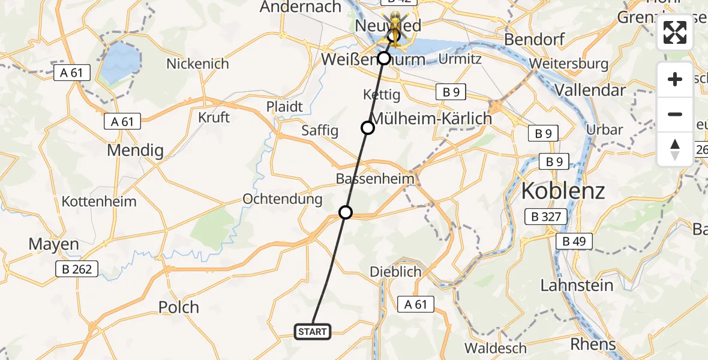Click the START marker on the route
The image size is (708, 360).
(x=312, y=331)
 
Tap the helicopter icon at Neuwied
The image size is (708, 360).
(x=395, y=23)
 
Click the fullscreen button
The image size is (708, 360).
(x=675, y=32)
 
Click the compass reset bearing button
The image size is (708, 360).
(x=675, y=149)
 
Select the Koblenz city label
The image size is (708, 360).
(x=563, y=191)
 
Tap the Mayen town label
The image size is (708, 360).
(x=54, y=244)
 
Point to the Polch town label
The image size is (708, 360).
(x=179, y=307)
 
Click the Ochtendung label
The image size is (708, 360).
(x=282, y=199)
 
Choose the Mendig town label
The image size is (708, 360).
(x=135, y=150)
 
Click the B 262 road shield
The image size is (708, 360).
(x=77, y=269)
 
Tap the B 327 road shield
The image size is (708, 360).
(x=545, y=217)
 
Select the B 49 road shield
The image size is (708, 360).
(x=574, y=242)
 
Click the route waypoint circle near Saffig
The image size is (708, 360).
(x=367, y=128)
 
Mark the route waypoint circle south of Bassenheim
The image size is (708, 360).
(x=346, y=212)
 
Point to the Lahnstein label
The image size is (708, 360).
(x=577, y=286)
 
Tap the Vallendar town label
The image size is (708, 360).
(x=591, y=90)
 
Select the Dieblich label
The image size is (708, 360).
(x=395, y=272)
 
